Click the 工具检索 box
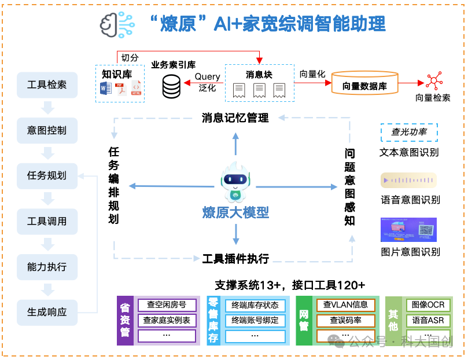[47, 85]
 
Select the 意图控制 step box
[47, 130]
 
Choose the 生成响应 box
[47, 312]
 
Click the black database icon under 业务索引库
[171, 86]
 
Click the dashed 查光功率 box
[409, 132]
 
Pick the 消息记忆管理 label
[235, 118]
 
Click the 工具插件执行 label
[235, 258]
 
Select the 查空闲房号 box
[167, 304]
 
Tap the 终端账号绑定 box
[255, 320]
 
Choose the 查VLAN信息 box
[345, 304]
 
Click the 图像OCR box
[429, 304]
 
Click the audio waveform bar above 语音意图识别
[408, 181]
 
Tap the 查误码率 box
[345, 320]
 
